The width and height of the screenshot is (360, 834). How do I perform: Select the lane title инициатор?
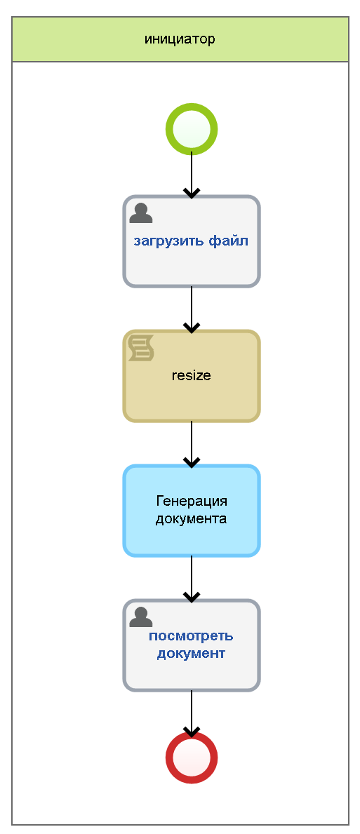click(x=180, y=39)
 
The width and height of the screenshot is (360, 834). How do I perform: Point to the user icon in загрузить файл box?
click(x=141, y=213)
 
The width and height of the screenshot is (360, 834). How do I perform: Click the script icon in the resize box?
click(x=141, y=349)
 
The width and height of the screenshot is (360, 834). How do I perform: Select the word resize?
click(x=192, y=375)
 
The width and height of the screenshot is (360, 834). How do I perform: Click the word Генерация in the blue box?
click(x=192, y=501)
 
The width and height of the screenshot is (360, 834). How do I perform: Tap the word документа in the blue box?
click(x=192, y=518)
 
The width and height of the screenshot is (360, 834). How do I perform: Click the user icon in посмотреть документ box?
click(x=141, y=617)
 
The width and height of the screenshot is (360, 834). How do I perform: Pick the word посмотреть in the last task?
click(x=191, y=636)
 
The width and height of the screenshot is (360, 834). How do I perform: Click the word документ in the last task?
click(x=191, y=653)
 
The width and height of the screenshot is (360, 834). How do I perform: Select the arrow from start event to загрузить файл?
click(x=192, y=175)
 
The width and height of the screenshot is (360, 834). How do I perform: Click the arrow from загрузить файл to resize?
click(x=192, y=309)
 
